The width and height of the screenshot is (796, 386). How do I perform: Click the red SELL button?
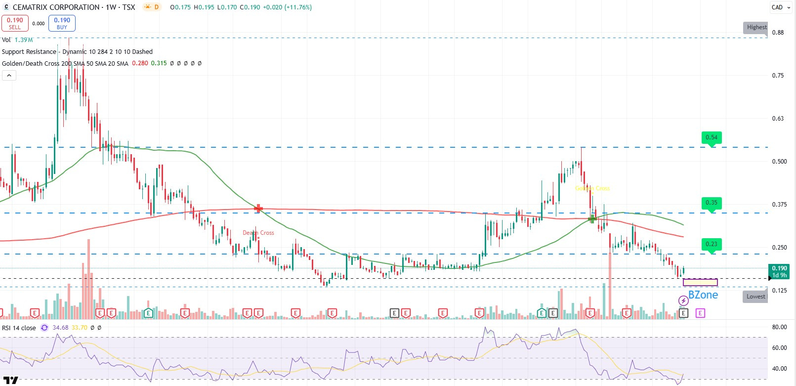click(x=15, y=23)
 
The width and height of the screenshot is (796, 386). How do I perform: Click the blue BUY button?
click(x=62, y=23)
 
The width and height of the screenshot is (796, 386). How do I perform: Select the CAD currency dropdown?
click(x=780, y=7)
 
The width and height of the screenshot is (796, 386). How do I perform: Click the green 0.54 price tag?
click(x=712, y=137)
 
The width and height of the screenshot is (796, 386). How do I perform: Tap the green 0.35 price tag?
click(x=712, y=203)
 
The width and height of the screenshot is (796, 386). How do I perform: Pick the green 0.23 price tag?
click(x=712, y=244)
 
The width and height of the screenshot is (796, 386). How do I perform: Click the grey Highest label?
click(x=756, y=28)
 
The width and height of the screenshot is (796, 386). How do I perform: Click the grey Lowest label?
click(x=755, y=297)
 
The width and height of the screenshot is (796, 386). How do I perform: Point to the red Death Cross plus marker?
click(x=258, y=209)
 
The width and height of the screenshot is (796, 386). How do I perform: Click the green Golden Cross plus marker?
click(x=592, y=218)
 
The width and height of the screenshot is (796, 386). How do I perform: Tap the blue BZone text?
click(x=703, y=295)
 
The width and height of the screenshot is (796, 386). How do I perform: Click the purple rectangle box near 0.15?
click(x=700, y=282)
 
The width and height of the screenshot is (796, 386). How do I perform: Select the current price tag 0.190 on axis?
click(x=779, y=271)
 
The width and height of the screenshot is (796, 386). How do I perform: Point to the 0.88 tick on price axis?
click(x=778, y=33)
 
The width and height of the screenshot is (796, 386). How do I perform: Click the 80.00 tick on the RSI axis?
click(x=779, y=327)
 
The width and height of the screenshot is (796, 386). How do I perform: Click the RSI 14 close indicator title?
click(x=19, y=328)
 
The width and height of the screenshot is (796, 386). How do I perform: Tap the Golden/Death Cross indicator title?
click(x=65, y=63)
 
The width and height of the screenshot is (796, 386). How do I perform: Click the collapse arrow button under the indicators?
click(x=9, y=75)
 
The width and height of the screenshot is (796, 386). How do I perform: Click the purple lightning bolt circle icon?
click(x=683, y=300)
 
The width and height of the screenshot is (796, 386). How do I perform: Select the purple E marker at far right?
click(x=700, y=313)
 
